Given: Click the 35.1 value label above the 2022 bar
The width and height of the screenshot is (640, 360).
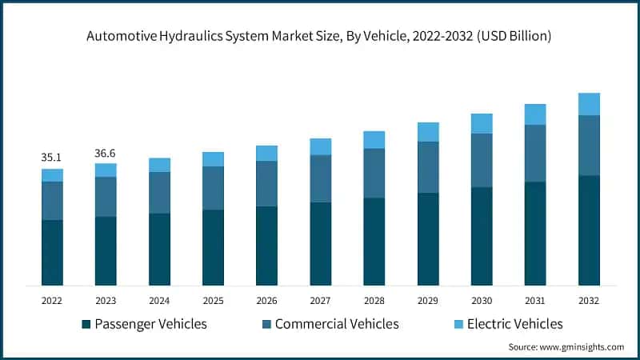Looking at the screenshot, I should tap(52, 158).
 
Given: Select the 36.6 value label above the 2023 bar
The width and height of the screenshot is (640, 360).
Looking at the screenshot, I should tap(106, 152).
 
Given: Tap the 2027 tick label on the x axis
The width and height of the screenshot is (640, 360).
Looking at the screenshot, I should tap(320, 300).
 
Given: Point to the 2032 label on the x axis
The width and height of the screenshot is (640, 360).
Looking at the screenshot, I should tap(589, 300).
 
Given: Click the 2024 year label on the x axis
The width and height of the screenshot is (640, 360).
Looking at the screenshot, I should tap(159, 300).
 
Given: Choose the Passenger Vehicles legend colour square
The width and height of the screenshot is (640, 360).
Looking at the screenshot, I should tap(86, 324).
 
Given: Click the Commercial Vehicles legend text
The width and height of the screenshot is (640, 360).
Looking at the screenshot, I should tap(337, 324).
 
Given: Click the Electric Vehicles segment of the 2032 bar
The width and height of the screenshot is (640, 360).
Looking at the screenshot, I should tap(589, 104).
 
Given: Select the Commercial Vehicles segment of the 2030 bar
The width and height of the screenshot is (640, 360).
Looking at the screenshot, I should tap(482, 160).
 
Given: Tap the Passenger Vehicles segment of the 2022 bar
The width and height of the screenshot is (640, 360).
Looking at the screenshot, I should tap(52, 252).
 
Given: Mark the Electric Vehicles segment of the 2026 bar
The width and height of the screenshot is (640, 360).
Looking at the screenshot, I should tap(266, 153).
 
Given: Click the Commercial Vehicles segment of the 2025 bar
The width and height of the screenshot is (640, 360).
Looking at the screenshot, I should tap(213, 188).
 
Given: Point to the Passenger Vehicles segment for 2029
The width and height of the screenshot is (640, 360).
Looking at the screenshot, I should tap(428, 238).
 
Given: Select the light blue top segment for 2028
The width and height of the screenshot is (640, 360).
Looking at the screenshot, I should tap(374, 140).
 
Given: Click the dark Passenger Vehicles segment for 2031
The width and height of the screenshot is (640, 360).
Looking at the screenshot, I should tap(535, 233).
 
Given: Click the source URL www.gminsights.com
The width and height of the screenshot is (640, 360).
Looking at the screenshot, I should tap(582, 346).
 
